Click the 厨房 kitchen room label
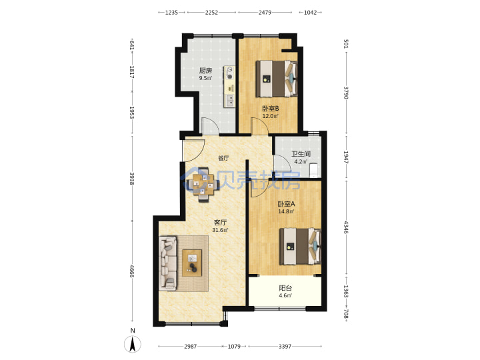click(x=205, y=71)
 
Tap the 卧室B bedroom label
click(x=270, y=109)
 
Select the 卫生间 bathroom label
click(x=301, y=154)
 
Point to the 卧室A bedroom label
click(x=286, y=204)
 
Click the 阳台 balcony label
click(x=285, y=288)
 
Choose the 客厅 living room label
click(x=220, y=223)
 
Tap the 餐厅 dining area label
click(x=223, y=158)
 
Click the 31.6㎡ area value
click(x=220, y=230)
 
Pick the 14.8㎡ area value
click(x=286, y=211)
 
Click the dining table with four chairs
click(x=203, y=184)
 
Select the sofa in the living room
click(x=168, y=263)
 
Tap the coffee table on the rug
click(x=192, y=263)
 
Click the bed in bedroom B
click(x=277, y=79)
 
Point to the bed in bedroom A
click(x=300, y=246)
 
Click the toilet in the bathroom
click(x=315, y=170)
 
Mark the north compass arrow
click(x=133, y=344)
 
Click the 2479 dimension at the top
click(x=265, y=13)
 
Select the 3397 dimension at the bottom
click(x=285, y=346)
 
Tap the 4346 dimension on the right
click(x=346, y=227)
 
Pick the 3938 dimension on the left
click(x=132, y=179)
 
